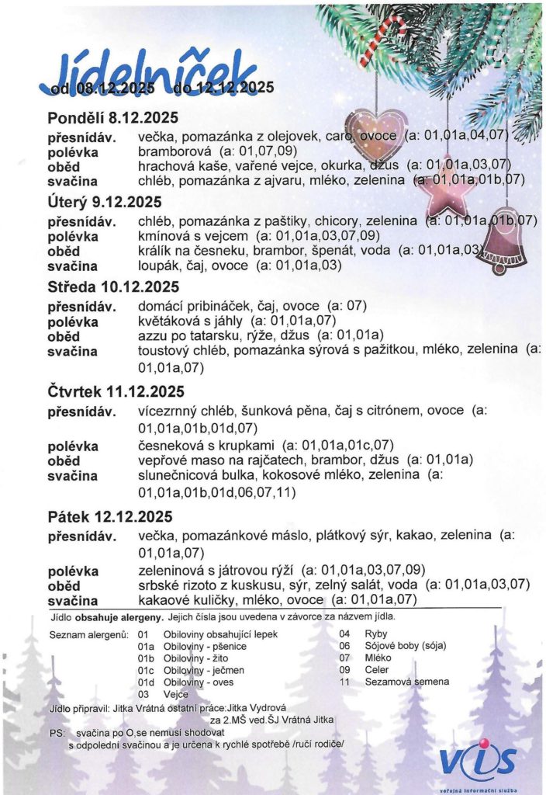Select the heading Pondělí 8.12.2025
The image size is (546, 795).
(113, 118)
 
